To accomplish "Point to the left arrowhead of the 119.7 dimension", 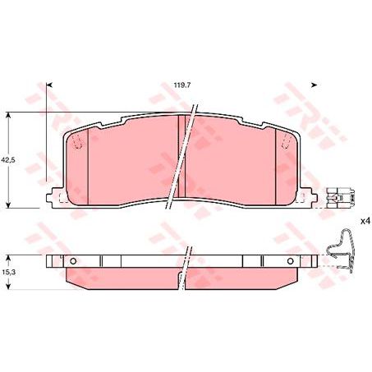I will (x=49, y=84).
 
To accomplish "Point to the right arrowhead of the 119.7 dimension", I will (x=315, y=84).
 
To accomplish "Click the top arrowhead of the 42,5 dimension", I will (x=8, y=116).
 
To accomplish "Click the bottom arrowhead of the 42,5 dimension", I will (x=8, y=205).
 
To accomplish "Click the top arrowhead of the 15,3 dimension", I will (x=8, y=255).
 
